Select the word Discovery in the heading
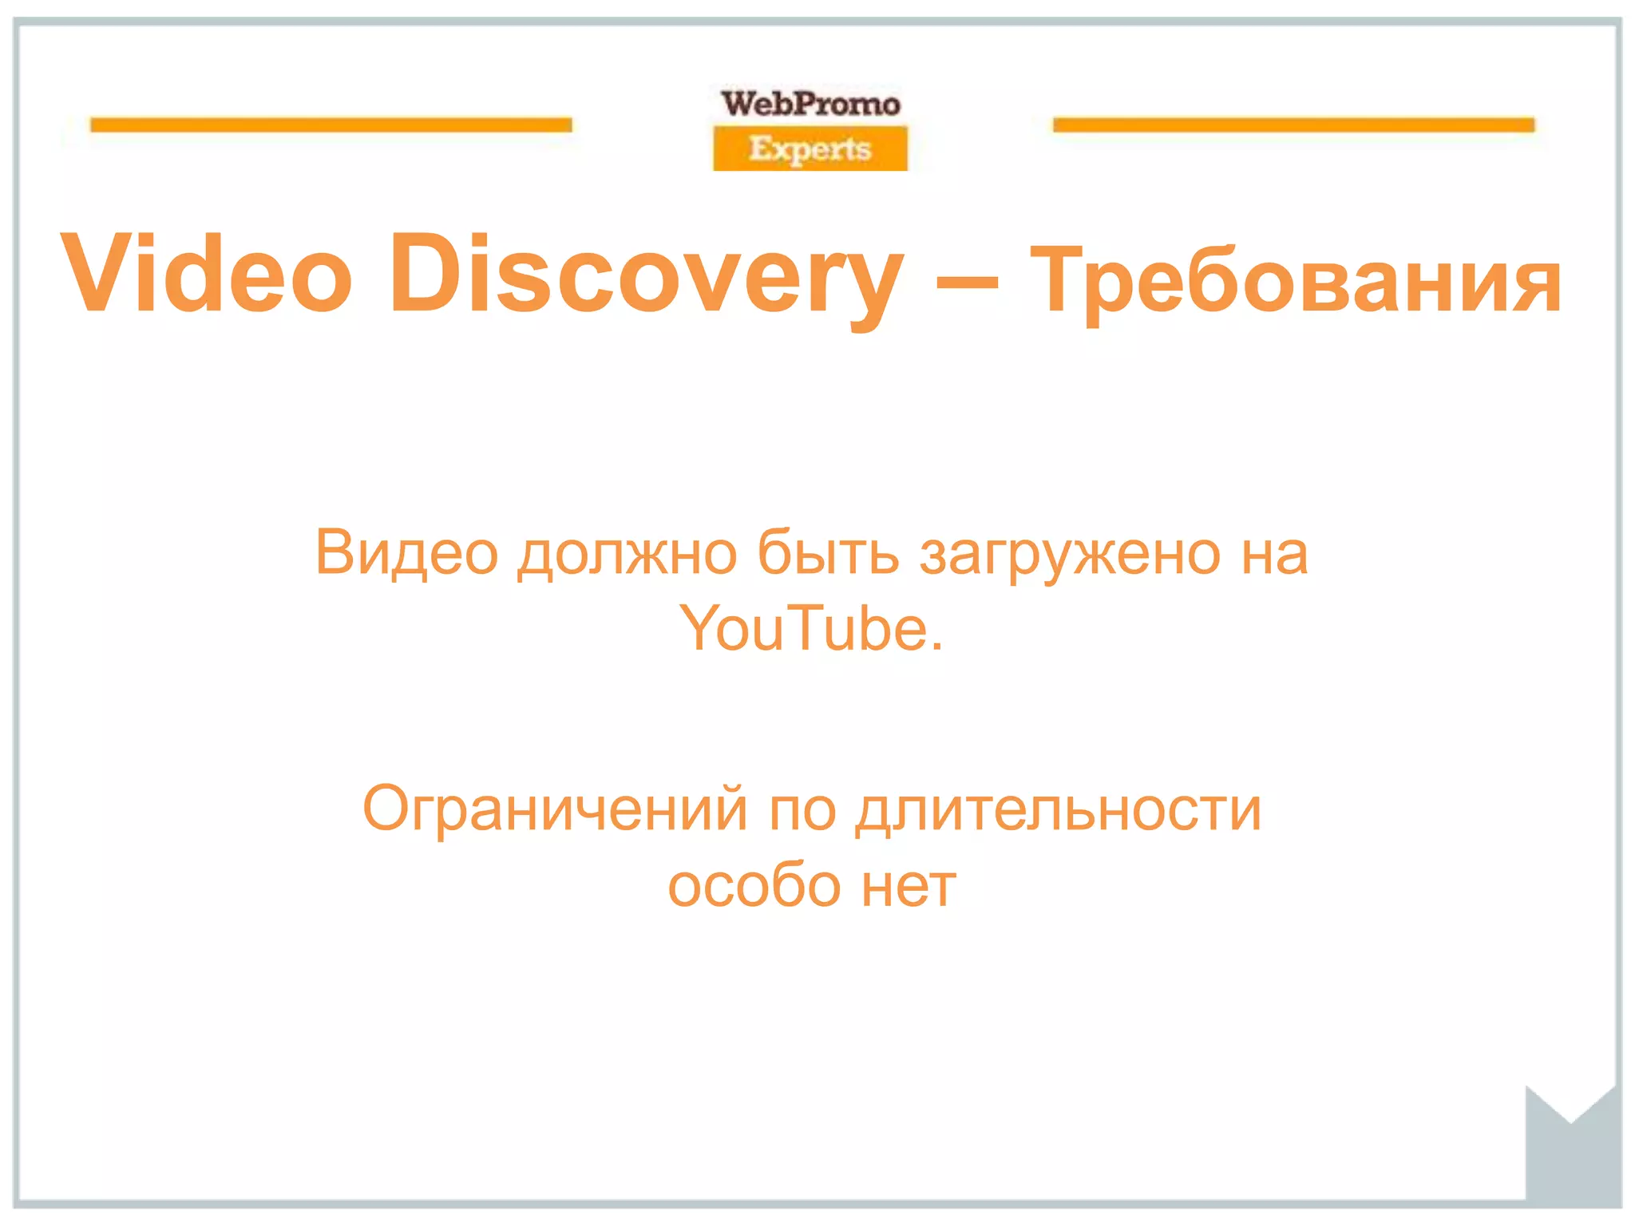[647, 275]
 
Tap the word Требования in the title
[1295, 279]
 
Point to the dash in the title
[966, 281]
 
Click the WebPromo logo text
[810, 104]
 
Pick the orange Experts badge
[810, 148]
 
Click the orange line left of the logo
[331, 125]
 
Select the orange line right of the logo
[1293, 125]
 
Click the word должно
[627, 552]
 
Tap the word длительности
[1058, 809]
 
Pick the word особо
[754, 886]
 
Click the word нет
[909, 886]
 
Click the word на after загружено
[1274, 552]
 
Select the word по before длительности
[802, 809]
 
